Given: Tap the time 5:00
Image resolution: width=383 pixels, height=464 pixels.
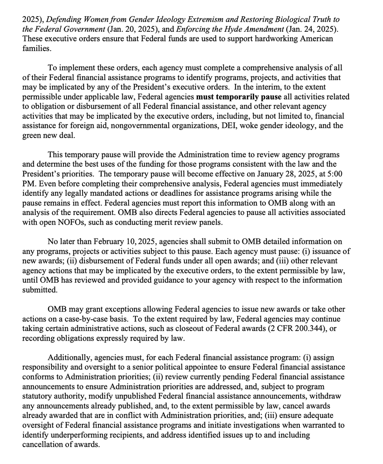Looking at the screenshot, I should [x=334, y=174].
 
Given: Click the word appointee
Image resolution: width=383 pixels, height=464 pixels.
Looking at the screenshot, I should [x=204, y=367].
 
